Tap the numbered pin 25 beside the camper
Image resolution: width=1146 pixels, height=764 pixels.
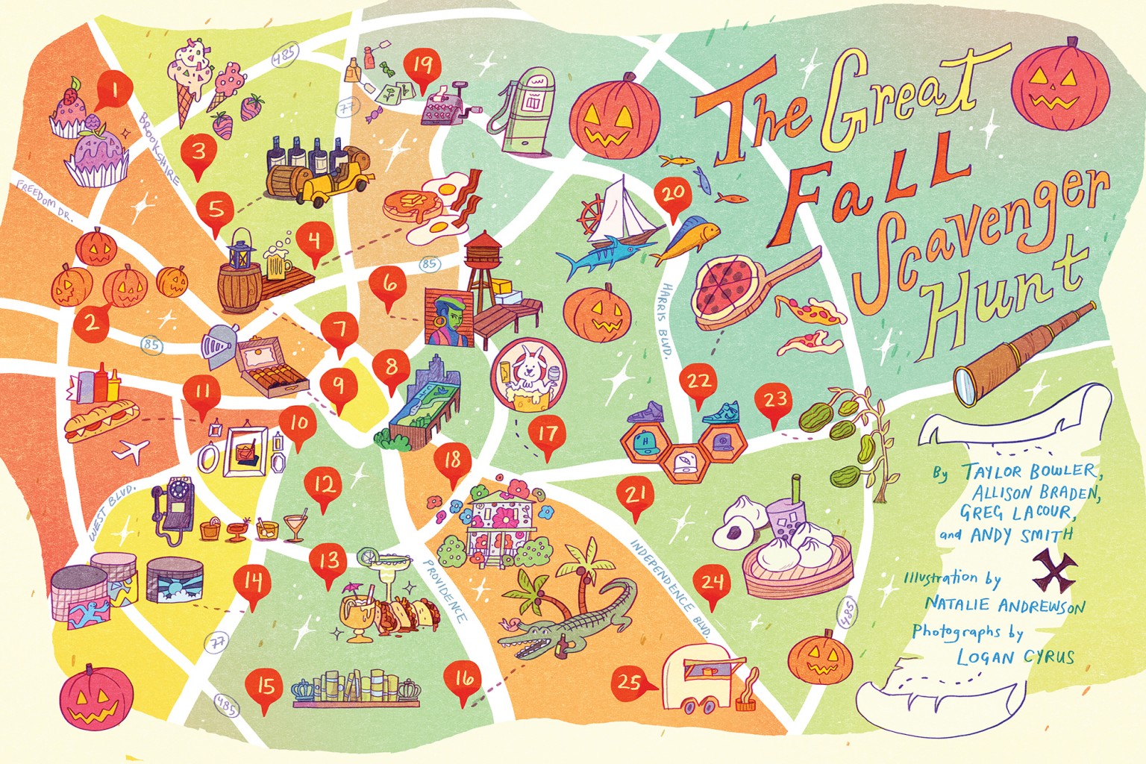[629, 681]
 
